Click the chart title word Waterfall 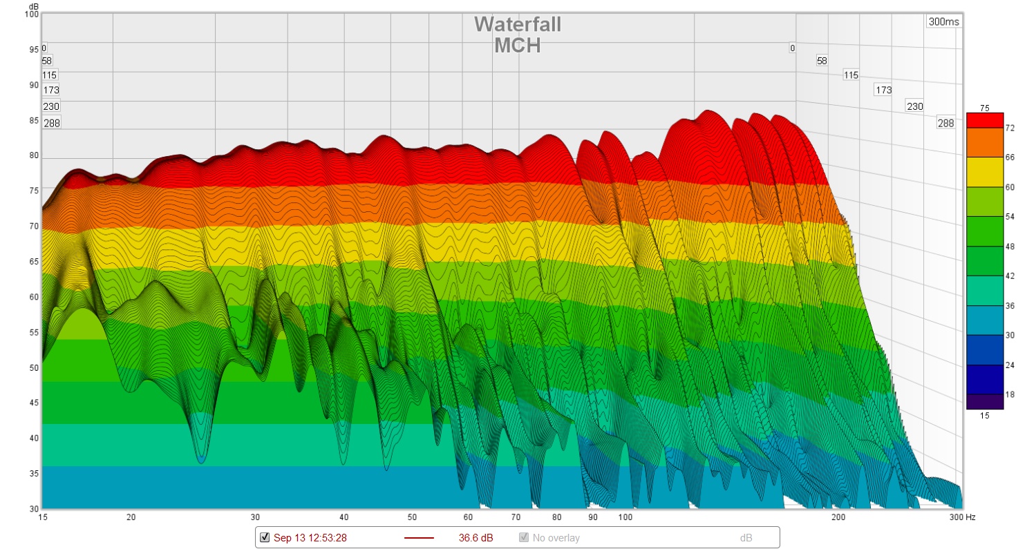(517, 24)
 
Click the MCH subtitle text (517, 46)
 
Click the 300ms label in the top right (943, 21)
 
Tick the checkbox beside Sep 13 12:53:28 (265, 537)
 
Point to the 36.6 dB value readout (476, 537)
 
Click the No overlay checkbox (525, 537)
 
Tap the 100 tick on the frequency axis (625, 517)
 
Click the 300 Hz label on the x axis (961, 517)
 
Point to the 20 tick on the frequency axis (131, 517)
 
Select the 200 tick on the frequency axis (838, 517)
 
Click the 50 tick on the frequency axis (412, 517)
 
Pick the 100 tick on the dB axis (31, 14)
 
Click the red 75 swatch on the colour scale (984, 119)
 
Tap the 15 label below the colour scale (984, 415)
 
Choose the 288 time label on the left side (52, 123)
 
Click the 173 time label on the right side (883, 90)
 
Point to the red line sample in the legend (418, 537)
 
